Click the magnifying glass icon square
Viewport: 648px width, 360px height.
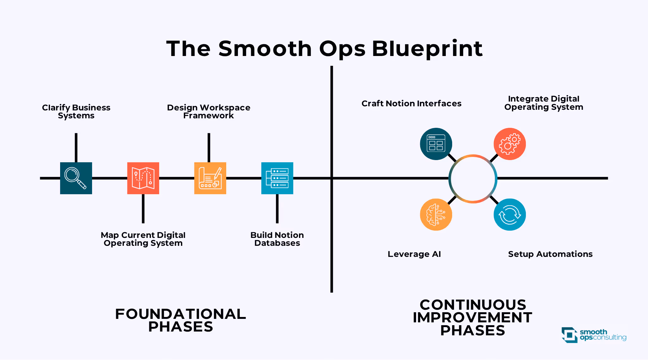point(76,178)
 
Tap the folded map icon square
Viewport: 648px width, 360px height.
point(143,178)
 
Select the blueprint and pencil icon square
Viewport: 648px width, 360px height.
point(210,178)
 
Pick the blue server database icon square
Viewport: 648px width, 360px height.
point(277,178)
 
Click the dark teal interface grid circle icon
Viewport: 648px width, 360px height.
point(436,144)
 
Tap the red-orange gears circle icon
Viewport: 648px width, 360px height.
point(510,144)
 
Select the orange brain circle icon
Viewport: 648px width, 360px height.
point(436,214)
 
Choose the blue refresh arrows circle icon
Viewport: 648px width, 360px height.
point(510,214)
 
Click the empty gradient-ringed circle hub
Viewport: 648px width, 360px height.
point(473,179)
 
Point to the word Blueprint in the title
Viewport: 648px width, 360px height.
point(427,49)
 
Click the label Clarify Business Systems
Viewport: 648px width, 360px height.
point(76,112)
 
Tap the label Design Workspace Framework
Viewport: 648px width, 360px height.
point(209,112)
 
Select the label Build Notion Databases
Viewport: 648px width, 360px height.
point(277,239)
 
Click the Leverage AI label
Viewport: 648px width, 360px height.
point(414,254)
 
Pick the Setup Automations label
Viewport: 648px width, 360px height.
point(550,254)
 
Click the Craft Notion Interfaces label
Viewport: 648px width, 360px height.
point(411,103)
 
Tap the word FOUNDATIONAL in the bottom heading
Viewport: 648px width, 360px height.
point(180,314)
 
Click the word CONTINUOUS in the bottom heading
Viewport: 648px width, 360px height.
point(473,305)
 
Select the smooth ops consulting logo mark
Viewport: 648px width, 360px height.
point(570,335)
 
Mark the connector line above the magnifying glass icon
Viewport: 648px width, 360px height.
point(76,147)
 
